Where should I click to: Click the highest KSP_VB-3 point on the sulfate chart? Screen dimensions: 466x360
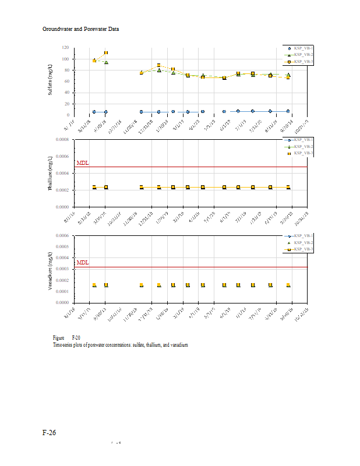(x=105, y=53)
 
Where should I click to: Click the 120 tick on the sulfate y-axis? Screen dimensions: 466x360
(x=65, y=48)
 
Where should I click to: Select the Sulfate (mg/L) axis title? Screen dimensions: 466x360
(x=51, y=80)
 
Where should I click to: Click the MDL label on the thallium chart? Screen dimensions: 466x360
(x=82, y=164)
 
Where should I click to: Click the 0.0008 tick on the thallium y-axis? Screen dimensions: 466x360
(x=61, y=140)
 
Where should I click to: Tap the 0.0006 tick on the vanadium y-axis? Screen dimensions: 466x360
(x=61, y=235)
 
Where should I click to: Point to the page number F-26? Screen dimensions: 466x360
(x=49, y=433)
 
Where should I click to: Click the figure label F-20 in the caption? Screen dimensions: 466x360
(x=76, y=338)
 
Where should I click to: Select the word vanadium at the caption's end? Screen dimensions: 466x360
(x=178, y=345)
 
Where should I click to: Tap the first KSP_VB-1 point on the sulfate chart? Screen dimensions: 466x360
(x=94, y=112)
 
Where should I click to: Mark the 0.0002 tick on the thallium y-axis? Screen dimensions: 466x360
(x=61, y=190)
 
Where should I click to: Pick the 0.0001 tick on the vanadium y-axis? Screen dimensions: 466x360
(x=61, y=291)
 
